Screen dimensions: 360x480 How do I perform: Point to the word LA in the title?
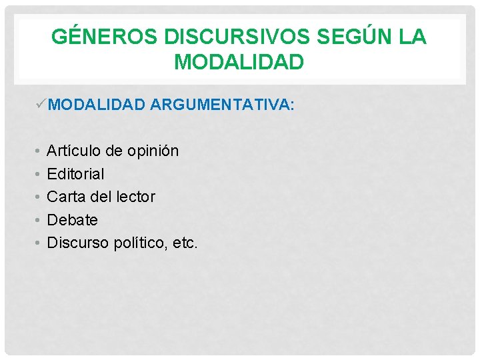click(413, 37)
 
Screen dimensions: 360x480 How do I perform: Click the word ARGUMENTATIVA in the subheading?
click(221, 105)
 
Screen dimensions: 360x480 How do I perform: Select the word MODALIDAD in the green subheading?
click(97, 105)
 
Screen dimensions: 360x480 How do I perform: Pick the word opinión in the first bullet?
click(153, 151)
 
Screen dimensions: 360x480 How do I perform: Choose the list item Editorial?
click(75, 174)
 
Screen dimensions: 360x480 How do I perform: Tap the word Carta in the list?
click(65, 197)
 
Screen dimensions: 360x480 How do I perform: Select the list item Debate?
click(72, 220)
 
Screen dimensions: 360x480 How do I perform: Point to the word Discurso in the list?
click(77, 243)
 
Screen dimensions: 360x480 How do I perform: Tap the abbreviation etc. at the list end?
click(183, 243)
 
